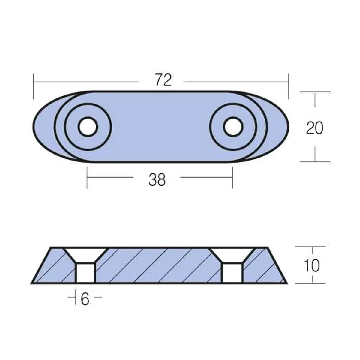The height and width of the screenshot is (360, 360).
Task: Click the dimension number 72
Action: (163, 81)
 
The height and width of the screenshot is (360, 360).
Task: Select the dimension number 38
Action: (157, 180)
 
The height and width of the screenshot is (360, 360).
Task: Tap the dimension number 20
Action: (315, 128)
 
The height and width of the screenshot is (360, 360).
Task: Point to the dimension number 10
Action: (311, 265)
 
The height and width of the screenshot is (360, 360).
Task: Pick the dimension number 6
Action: (85, 299)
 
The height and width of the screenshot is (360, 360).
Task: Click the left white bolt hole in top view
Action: (88, 127)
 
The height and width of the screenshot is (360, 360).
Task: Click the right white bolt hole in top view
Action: (233, 127)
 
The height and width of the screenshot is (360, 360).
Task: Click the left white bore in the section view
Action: (85, 273)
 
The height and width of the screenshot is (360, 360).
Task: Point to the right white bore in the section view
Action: (232, 273)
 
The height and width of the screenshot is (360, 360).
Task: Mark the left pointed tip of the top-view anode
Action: (33, 127)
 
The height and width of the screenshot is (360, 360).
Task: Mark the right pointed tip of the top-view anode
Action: (288, 127)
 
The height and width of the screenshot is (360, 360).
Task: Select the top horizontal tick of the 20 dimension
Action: (315, 92)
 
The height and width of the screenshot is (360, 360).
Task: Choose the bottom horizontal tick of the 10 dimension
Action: (310, 283)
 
